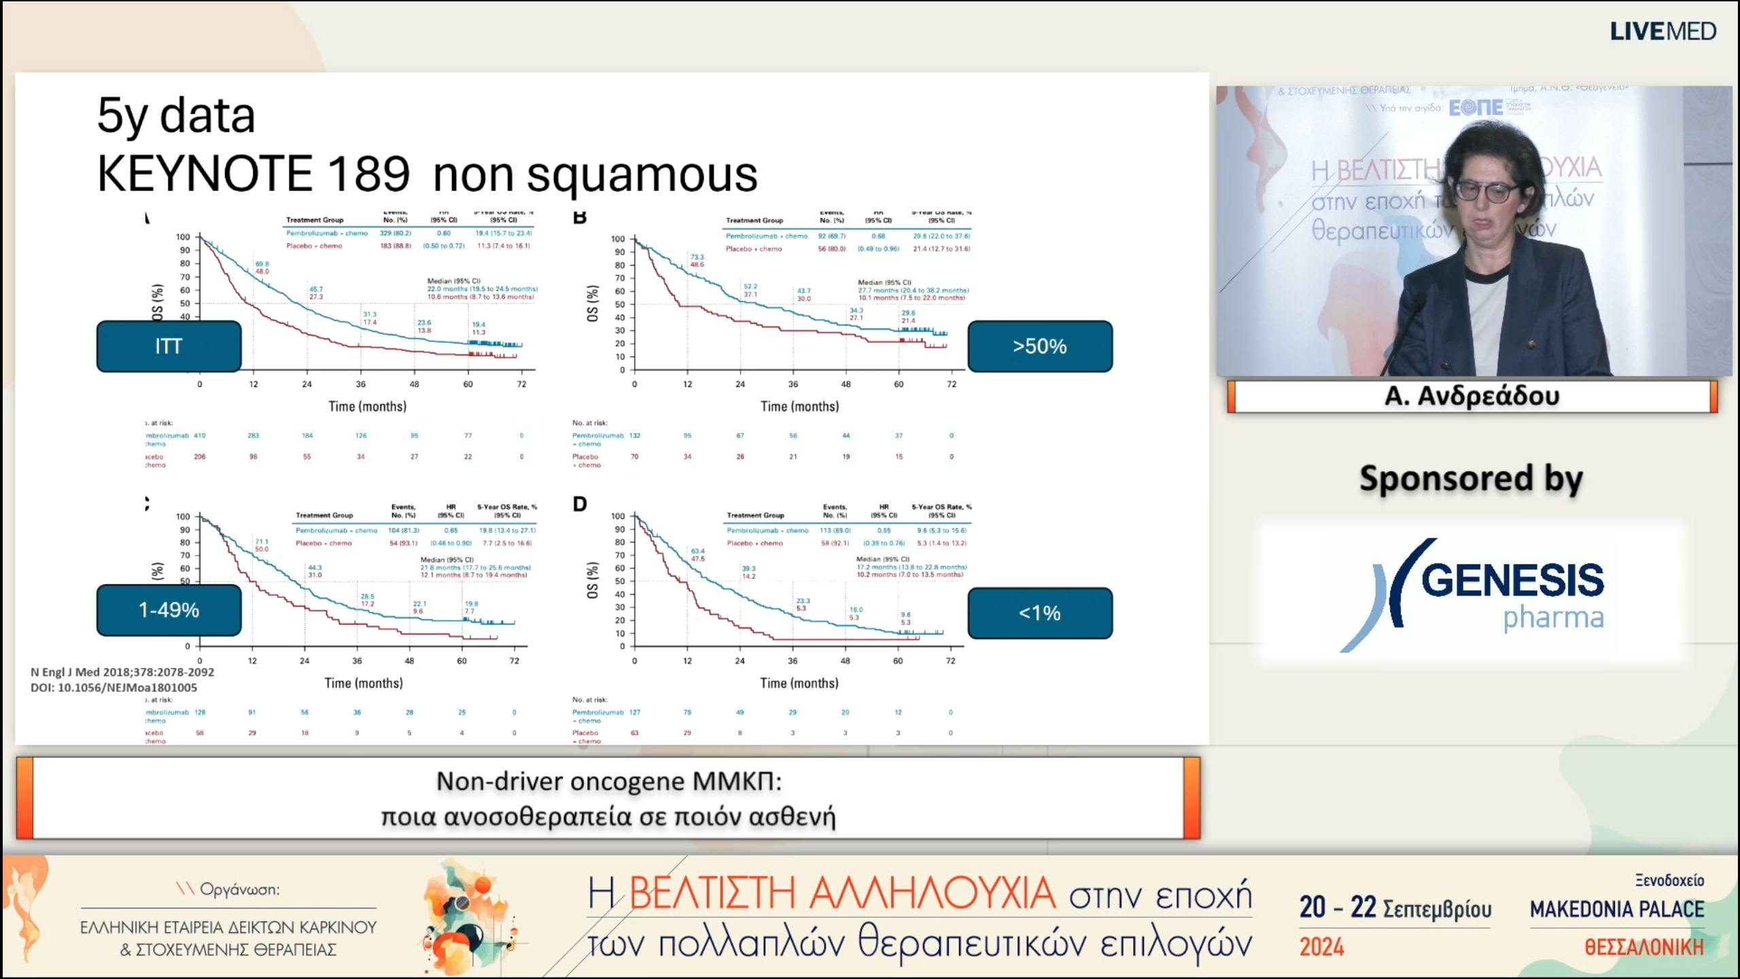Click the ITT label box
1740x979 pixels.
169,346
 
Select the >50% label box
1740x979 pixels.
1039,346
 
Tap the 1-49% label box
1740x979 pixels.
169,610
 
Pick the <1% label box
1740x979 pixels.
1039,613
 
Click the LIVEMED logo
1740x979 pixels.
1663,31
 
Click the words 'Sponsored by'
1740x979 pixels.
1471,479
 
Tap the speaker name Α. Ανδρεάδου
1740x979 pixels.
1472,396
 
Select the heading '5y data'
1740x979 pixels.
176,115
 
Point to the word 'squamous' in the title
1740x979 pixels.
642,175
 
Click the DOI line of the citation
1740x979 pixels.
114,687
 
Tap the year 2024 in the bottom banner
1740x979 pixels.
1321,946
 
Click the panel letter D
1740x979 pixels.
579,504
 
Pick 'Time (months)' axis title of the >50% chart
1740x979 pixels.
799,407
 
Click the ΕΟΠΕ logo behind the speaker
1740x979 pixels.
1476,107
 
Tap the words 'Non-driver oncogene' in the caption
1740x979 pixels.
560,781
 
